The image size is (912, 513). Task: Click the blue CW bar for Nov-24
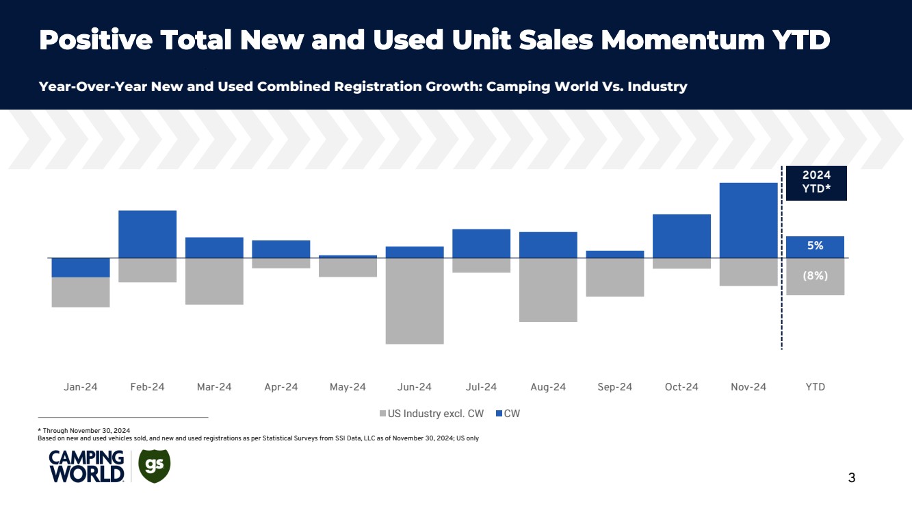coord(748,220)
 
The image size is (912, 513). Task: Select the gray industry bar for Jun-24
coord(415,301)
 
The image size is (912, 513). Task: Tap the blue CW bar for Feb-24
coord(147,234)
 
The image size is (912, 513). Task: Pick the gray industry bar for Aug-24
coord(548,290)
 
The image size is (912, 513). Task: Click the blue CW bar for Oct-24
coord(681,236)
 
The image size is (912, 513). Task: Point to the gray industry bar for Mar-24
coord(214,281)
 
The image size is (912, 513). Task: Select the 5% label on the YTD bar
coord(815,246)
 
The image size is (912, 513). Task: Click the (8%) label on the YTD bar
coord(815,276)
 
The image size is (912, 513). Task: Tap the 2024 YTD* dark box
coord(816,183)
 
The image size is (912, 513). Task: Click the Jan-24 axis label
coord(81,387)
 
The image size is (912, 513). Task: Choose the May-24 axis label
coord(348,387)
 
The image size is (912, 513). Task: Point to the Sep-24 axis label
coord(614,387)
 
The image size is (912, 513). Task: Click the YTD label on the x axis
coord(815,387)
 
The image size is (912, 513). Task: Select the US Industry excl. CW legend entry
coord(432,414)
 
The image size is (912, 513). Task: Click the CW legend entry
coord(508,414)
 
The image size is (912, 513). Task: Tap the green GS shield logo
coord(155,466)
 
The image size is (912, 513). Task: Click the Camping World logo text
coord(86,466)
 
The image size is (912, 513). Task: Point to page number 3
coord(851,478)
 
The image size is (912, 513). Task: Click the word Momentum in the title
coord(681,41)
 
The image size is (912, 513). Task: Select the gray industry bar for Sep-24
coord(614,277)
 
